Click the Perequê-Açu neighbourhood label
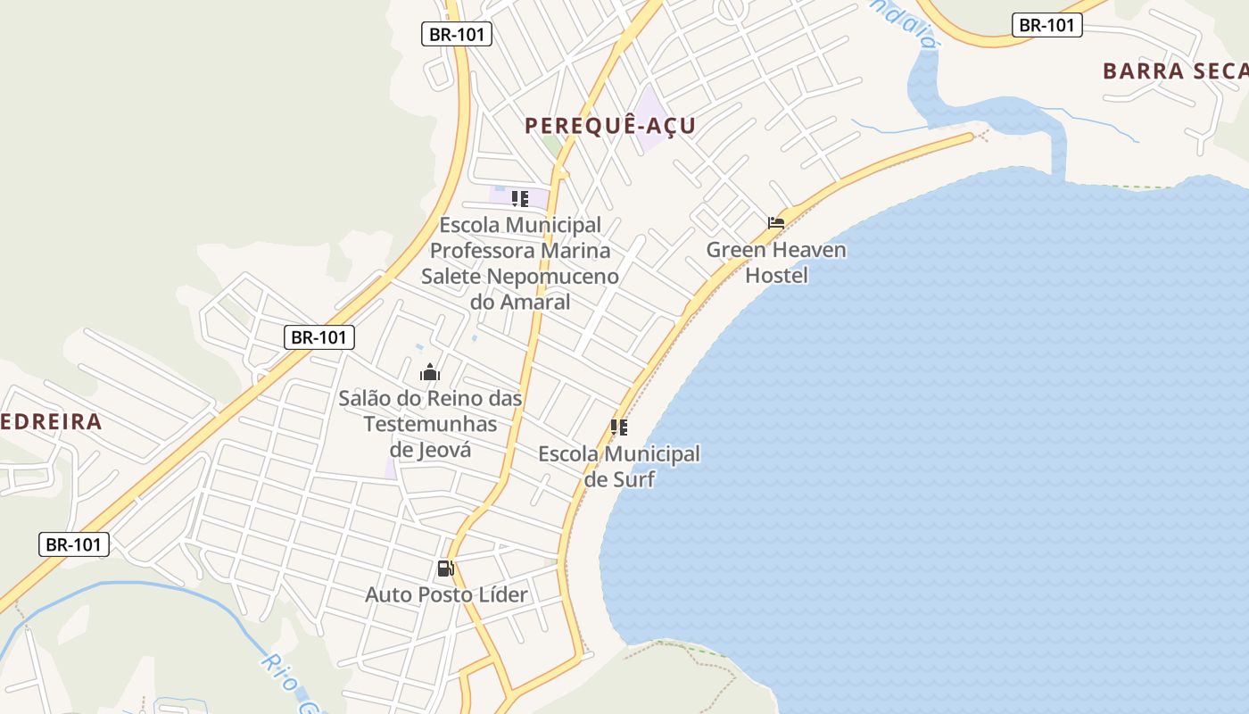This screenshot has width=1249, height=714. [610, 126]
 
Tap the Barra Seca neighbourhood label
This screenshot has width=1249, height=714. [1174, 71]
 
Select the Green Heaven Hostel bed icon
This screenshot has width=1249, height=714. [776, 223]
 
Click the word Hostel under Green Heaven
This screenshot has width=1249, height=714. [776, 275]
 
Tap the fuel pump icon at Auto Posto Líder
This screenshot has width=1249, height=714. [445, 569]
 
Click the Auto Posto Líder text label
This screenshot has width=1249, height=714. [446, 594]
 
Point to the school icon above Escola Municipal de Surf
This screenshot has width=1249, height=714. [619, 428]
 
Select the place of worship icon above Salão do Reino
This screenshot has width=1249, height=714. [430, 372]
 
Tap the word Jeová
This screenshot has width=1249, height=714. [443, 449]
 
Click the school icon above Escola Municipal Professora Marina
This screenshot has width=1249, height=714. [520, 199]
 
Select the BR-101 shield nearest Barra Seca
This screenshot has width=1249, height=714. [1047, 25]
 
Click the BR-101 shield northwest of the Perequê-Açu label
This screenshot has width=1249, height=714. [456, 34]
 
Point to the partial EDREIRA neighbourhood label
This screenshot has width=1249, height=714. [51, 421]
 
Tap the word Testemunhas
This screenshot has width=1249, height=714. [430, 424]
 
